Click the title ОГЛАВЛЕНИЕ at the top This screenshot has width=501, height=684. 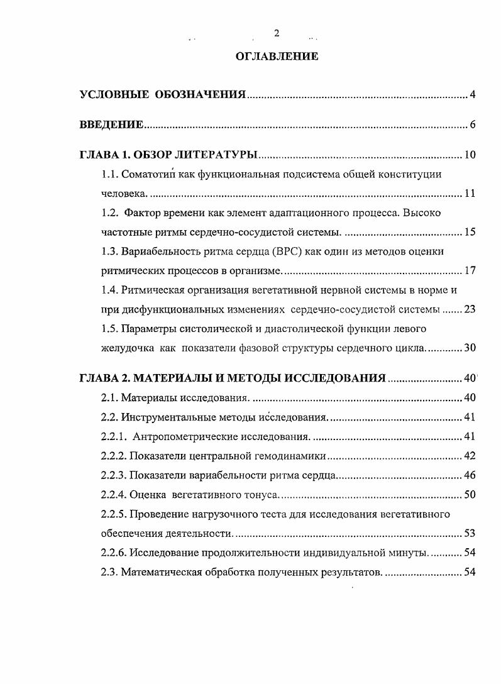[277, 57]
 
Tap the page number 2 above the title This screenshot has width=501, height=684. [277, 33]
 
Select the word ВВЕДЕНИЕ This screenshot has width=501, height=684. [112, 124]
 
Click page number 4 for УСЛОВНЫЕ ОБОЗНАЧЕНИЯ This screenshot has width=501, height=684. [472, 96]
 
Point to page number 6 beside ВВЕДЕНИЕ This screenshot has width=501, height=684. [472, 124]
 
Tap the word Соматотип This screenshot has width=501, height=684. [147, 174]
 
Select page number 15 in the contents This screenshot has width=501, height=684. [470, 233]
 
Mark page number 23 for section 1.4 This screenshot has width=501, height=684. [470, 309]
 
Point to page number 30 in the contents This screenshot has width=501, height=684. [470, 348]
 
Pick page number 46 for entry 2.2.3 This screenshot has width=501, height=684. [470, 475]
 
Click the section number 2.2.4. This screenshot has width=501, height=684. [114, 495]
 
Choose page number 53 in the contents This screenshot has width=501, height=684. [470, 534]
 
